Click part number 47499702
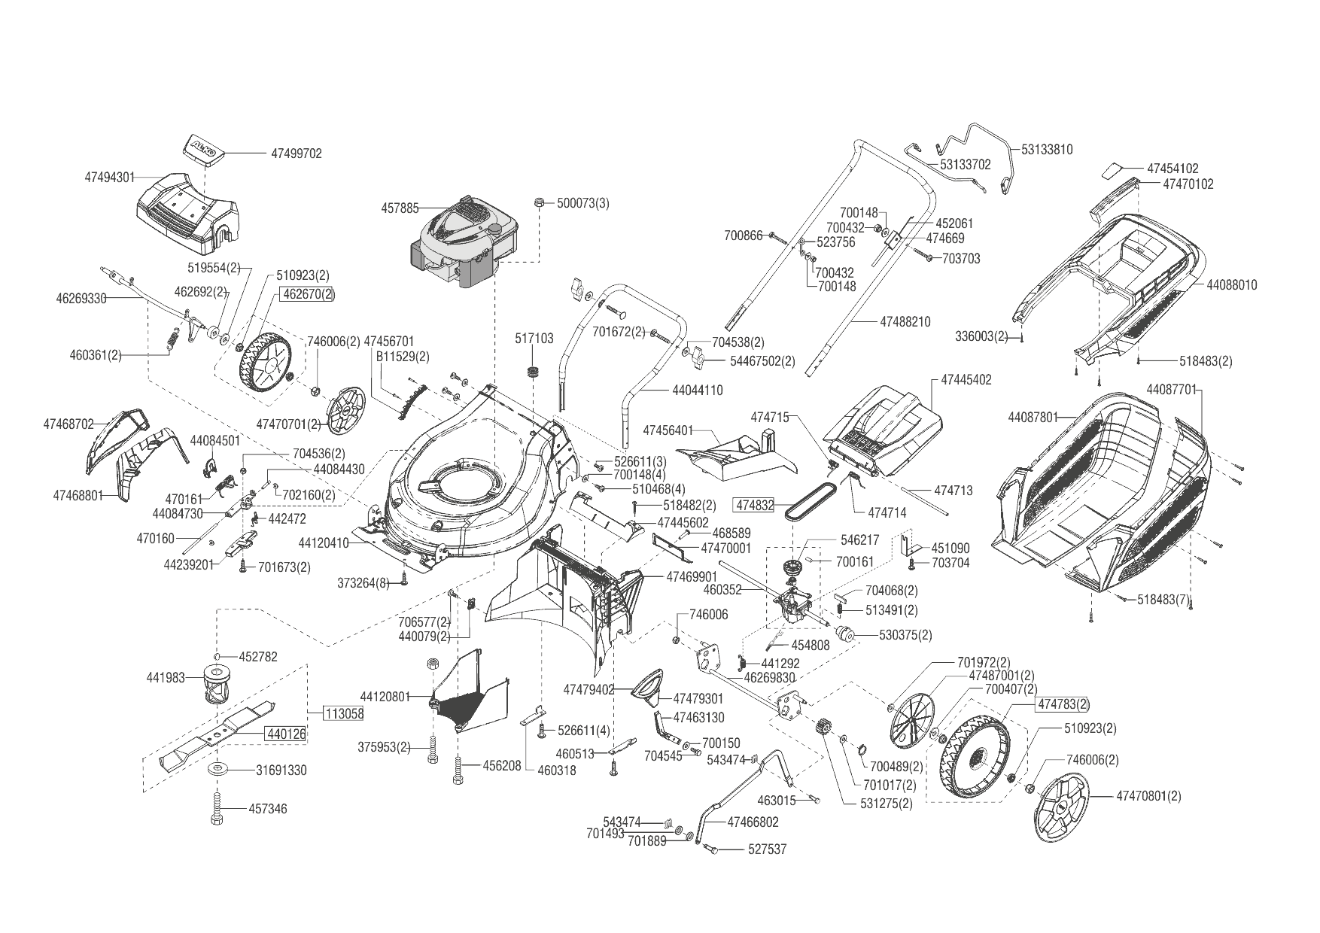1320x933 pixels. click(296, 153)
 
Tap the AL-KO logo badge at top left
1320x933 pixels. click(202, 147)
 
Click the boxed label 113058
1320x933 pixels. click(344, 713)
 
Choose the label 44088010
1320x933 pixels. click(1231, 285)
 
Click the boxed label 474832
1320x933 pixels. click(755, 505)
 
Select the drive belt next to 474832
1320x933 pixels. click(811, 501)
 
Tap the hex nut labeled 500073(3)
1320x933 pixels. click(540, 202)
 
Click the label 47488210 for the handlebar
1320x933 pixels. click(905, 321)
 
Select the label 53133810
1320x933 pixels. click(1047, 149)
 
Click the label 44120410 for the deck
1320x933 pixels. click(324, 542)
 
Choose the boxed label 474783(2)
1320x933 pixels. click(1063, 704)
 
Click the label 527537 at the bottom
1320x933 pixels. click(767, 849)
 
